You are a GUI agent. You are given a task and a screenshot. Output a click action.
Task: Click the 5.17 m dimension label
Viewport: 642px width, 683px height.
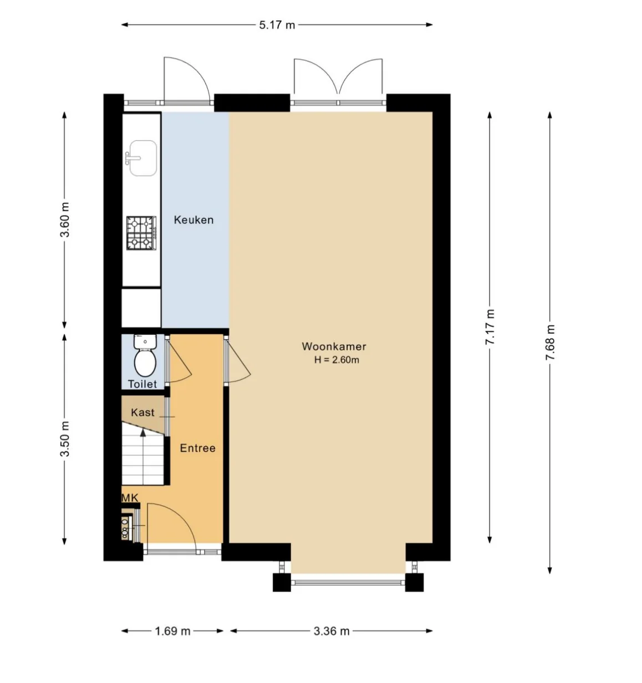[277, 25]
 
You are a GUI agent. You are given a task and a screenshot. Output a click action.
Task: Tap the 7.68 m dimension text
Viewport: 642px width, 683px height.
[550, 342]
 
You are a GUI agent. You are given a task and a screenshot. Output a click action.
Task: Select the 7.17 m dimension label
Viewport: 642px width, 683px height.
[490, 327]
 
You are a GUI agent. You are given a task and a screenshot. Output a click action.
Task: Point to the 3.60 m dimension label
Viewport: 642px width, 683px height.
[64, 220]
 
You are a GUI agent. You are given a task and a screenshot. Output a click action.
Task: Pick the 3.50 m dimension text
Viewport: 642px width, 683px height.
[64, 439]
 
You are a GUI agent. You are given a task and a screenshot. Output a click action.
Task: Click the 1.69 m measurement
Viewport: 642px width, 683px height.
[172, 631]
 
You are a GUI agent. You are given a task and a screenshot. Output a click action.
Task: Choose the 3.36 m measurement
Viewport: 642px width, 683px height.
[332, 631]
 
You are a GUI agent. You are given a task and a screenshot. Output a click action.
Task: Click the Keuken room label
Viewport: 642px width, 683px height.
[193, 220]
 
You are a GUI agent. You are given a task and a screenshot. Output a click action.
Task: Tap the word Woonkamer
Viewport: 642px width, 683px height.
[334, 346]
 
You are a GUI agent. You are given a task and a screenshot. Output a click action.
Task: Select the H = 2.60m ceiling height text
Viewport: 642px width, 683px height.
[337, 360]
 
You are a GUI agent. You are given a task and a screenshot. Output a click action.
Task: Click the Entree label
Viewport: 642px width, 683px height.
[198, 448]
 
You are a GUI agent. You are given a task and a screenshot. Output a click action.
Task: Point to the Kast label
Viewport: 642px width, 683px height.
[143, 412]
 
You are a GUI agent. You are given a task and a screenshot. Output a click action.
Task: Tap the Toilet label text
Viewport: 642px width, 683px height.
[142, 384]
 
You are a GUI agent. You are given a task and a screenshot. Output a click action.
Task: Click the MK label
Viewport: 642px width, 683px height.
[130, 498]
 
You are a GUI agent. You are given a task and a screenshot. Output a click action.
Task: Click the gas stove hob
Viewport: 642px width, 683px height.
[141, 233]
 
